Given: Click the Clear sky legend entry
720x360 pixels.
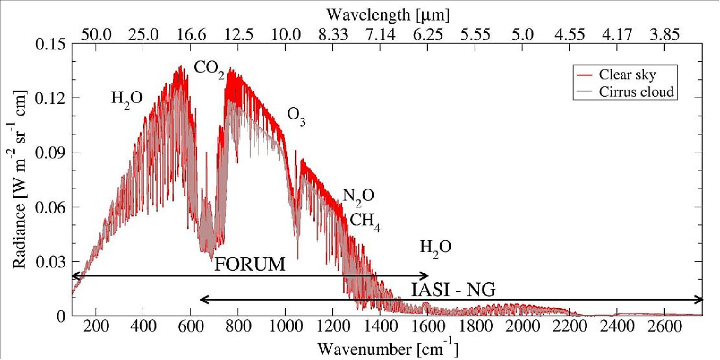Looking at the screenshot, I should click(627, 75).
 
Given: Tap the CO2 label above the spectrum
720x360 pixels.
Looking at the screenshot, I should click(209, 69).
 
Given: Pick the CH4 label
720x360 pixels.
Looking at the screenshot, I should click(365, 222).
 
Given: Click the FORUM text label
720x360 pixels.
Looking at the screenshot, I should click(249, 264).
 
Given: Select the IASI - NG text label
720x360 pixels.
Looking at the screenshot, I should click(453, 290).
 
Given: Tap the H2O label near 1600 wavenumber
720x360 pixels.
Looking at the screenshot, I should click(436, 248).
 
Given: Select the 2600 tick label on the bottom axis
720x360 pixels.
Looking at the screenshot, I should click(664, 327).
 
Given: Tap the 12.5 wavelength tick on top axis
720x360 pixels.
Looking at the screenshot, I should click(238, 35).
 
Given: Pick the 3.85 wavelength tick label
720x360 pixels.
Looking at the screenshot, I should click(664, 35).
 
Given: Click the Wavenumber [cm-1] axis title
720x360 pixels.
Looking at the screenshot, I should click(387, 349).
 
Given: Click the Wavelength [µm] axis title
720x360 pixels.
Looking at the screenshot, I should click(387, 15).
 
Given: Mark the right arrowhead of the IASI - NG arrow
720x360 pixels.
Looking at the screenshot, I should click(700, 300).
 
